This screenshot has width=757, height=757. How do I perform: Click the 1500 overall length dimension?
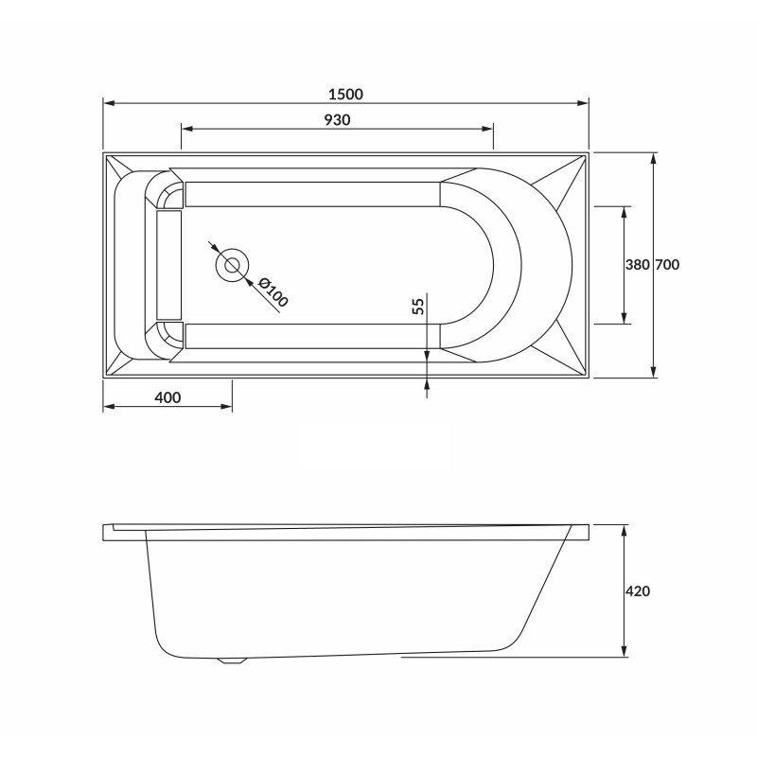345,95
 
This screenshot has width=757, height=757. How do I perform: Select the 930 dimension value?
338,120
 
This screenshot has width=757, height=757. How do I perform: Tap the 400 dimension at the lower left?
167,397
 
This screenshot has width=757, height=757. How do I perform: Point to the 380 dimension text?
636,266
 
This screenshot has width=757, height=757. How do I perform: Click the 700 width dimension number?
667,266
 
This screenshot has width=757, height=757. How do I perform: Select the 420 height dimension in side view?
638,591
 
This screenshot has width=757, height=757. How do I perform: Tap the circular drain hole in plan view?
232,265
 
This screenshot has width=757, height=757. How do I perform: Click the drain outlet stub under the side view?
230,660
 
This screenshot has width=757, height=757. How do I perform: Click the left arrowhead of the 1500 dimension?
107,102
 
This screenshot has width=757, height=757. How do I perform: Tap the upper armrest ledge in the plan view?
312,194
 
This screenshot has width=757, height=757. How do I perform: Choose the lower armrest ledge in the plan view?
312,336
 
